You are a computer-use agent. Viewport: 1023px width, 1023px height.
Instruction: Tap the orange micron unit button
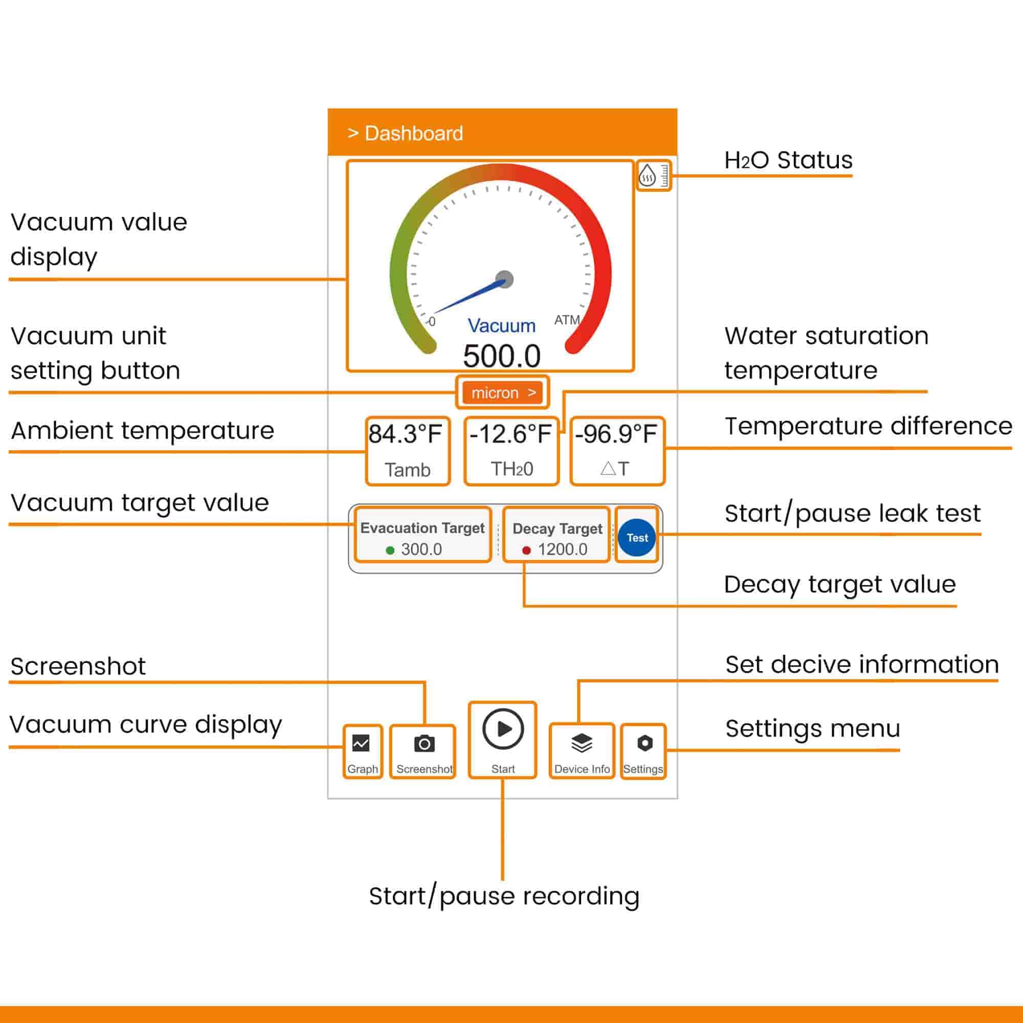tap(502, 392)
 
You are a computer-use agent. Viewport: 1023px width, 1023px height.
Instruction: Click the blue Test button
tap(636, 538)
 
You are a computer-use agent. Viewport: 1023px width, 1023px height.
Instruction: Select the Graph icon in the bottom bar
tap(361, 743)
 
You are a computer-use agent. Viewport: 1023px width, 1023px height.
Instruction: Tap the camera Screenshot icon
tap(424, 743)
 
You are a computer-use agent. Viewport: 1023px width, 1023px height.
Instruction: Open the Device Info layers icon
tap(582, 743)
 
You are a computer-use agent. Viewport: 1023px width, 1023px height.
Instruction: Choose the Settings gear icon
tap(644, 743)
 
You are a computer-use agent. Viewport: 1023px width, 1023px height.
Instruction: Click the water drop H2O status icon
tap(648, 175)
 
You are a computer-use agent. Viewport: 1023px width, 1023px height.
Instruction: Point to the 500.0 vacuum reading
tap(501, 355)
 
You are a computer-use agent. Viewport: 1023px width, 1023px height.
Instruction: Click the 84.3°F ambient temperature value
tap(405, 434)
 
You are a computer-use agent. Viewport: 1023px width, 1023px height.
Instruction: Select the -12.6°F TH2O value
tap(510, 434)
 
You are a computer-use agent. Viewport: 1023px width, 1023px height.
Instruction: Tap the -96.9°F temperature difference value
tap(616, 434)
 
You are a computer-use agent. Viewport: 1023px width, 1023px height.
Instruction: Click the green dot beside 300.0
tap(390, 550)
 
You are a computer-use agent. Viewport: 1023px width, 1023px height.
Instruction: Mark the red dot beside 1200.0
tap(526, 550)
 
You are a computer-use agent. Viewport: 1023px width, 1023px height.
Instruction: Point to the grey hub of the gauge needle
tap(505, 279)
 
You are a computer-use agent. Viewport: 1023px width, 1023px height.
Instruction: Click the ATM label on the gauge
tap(567, 320)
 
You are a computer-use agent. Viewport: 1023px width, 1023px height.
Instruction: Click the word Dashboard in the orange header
tap(413, 134)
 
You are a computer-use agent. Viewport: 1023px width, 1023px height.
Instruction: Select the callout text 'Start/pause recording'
tap(504, 896)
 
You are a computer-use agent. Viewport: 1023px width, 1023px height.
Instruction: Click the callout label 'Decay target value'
tap(840, 585)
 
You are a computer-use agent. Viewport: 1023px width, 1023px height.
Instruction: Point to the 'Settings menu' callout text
tap(813, 728)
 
